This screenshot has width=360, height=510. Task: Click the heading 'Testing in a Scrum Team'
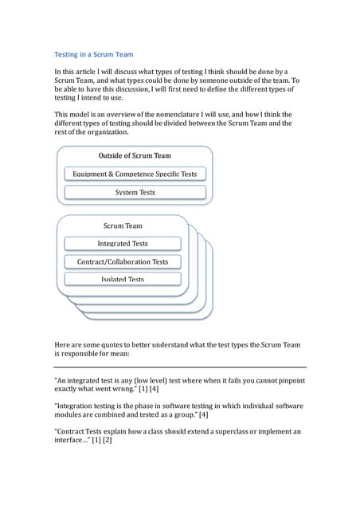93,54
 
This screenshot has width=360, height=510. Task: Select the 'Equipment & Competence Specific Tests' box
135,174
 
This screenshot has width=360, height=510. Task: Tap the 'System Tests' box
135,192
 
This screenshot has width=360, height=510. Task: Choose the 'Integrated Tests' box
123,243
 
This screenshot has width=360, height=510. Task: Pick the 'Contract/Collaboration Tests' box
123,261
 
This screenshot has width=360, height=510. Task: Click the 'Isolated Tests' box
123,279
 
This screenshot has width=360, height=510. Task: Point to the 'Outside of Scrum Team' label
134,155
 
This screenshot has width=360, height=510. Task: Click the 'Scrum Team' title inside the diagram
123,226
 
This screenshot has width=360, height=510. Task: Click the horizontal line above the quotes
180,367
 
